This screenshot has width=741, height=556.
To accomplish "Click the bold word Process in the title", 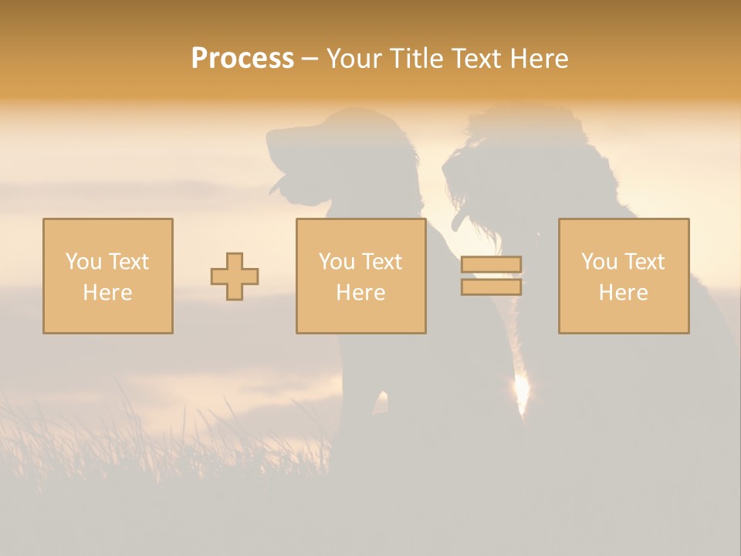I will click(x=242, y=59).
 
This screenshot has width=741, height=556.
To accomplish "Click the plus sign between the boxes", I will click(x=235, y=276).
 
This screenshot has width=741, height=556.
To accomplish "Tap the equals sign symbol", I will click(x=491, y=276).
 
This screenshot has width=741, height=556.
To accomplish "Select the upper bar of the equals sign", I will click(x=491, y=265).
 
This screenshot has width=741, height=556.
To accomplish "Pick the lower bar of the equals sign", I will click(x=491, y=286).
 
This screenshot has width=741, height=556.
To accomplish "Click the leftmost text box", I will click(x=108, y=276).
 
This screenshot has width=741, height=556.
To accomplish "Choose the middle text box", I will click(x=360, y=276).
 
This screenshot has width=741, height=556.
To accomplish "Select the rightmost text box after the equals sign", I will click(x=623, y=276).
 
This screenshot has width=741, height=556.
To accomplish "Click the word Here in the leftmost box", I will click(x=107, y=293).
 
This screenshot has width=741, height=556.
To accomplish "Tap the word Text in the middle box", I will click(x=383, y=262).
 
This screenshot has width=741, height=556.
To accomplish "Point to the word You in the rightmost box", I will click(x=599, y=262).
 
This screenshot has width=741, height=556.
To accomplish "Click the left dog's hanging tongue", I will click(x=279, y=185).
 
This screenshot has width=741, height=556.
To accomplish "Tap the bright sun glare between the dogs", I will click(x=522, y=392).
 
